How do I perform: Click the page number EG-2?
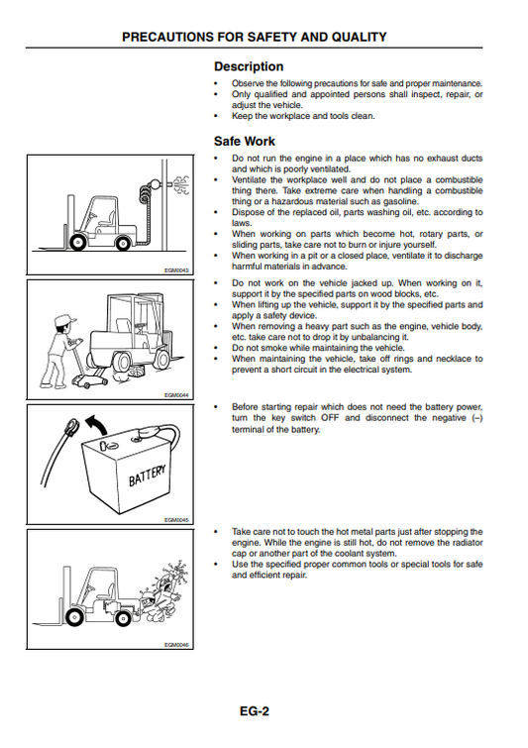(255, 711)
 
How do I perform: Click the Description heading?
(249, 66)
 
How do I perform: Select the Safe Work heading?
(245, 142)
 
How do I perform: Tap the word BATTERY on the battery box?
(147, 476)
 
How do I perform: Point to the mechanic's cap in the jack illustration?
(64, 320)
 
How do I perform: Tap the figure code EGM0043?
(176, 270)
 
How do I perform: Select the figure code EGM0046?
(176, 645)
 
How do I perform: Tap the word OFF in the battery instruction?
(330, 418)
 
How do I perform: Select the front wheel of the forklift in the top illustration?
(77, 243)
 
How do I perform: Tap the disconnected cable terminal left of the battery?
(70, 426)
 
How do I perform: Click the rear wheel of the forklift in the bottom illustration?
(124, 619)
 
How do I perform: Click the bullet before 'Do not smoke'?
(216, 348)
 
